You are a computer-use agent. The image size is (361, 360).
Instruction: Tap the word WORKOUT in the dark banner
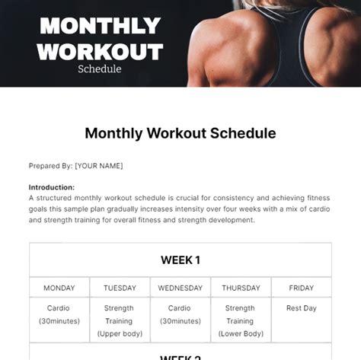coord(100,51)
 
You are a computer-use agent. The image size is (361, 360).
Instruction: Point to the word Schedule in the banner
coord(99,69)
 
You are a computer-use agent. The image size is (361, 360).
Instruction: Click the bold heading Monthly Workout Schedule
coord(180,133)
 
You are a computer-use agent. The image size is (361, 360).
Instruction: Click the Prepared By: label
coord(50,166)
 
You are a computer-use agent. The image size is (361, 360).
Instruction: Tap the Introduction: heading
coord(52,187)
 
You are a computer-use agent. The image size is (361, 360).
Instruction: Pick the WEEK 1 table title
coord(180,260)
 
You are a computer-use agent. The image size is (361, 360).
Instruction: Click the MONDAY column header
coord(59,288)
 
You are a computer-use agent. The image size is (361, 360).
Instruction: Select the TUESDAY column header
coord(120,288)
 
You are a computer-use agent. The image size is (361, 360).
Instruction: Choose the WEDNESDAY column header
coord(180,288)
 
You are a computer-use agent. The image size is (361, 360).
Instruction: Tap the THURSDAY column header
coord(240,288)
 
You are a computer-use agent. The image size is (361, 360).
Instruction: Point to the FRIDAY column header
coord(301,288)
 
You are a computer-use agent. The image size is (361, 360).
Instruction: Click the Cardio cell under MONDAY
coord(59,314)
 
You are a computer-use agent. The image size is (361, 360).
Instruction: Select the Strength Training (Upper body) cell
coord(120,320)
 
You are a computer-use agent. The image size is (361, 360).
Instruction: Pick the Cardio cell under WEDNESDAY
coord(180,314)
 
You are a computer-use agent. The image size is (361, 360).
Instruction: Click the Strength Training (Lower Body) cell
coord(240,320)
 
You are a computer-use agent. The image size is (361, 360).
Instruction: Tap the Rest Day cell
coord(301,308)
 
